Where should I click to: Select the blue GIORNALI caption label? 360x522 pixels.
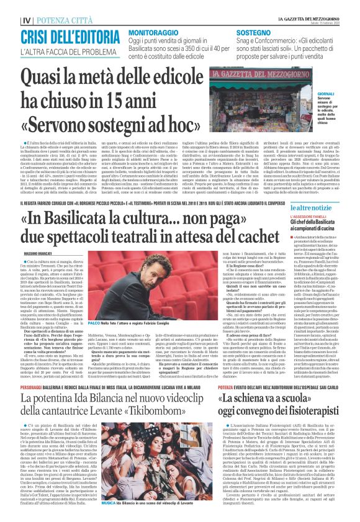343,94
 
